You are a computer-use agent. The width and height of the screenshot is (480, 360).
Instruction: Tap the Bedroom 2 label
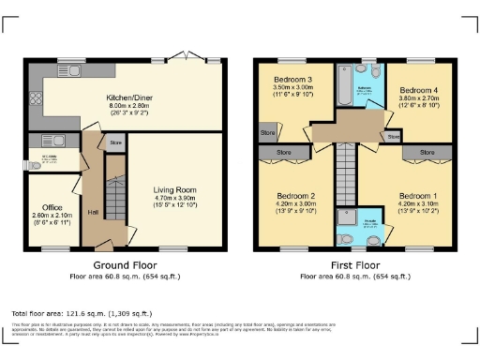[x=292, y=195]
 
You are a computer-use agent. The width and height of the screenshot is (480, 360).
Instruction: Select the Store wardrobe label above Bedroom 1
[x=427, y=151]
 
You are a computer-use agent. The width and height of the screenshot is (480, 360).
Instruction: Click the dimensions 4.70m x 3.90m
[x=175, y=198]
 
